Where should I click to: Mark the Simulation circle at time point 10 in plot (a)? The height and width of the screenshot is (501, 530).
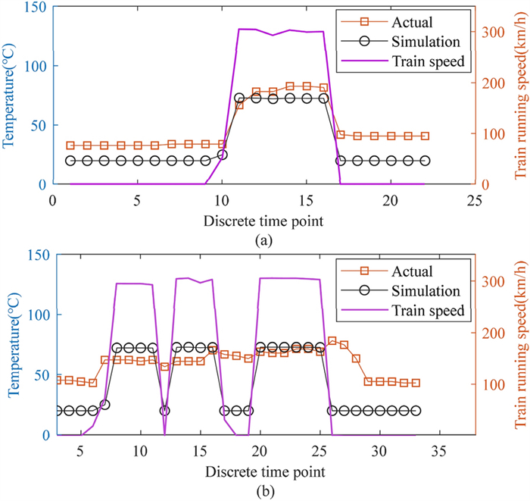click(222, 155)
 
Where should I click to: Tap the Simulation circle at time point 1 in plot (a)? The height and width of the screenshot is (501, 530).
click(70, 161)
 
